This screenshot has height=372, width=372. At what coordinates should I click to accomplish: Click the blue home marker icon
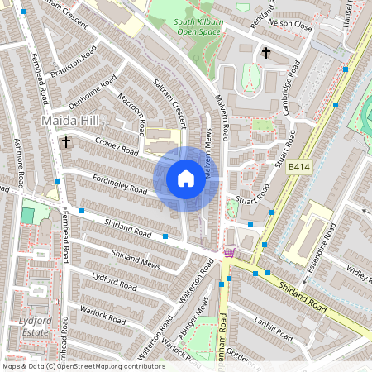tap(186, 179)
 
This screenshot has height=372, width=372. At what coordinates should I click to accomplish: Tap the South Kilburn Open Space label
tap(196, 27)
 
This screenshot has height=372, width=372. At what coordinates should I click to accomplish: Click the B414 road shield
tap(299, 167)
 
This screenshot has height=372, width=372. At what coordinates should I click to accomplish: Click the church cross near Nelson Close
tap(266, 53)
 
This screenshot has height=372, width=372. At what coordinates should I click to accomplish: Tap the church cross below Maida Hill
tap(65, 142)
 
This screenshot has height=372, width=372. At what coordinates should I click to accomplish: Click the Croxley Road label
tap(117, 146)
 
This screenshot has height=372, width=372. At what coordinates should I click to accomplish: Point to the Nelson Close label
tap(292, 26)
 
